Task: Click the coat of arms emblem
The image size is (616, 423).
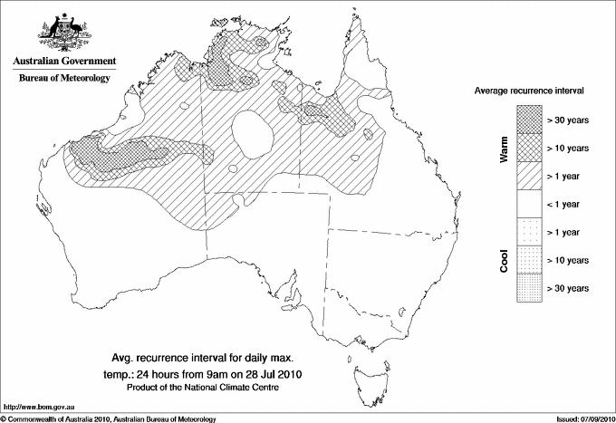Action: [x=63, y=33]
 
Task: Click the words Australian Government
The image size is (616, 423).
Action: [x=63, y=62]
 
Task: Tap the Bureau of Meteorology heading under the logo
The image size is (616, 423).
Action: [x=63, y=79]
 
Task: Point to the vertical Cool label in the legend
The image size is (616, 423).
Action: [x=505, y=260]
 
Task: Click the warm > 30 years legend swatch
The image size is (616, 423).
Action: [x=527, y=120]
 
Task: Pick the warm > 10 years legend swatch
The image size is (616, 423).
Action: [x=527, y=148]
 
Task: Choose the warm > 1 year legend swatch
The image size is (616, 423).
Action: [x=527, y=176]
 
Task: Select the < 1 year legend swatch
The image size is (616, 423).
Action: [x=527, y=204]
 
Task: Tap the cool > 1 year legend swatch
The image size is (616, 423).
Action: [x=527, y=232]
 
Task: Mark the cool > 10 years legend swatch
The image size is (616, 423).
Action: [x=527, y=260]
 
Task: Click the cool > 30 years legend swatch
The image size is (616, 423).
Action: [x=527, y=288]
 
